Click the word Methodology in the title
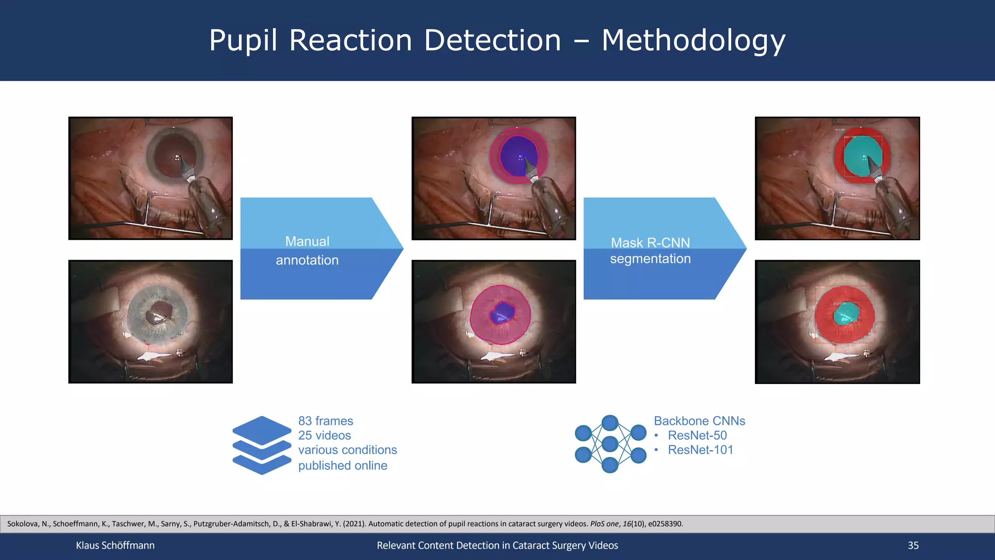[x=693, y=40]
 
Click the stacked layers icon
[x=261, y=445]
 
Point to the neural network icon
[x=610, y=444]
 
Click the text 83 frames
[x=326, y=421]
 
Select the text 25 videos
[x=325, y=436]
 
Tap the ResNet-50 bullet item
[x=697, y=436]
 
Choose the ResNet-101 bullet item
[x=700, y=450]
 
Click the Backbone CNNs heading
[x=699, y=421]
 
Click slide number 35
[x=913, y=545]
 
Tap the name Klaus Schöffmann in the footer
[x=115, y=545]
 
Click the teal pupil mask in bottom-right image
[x=845, y=315]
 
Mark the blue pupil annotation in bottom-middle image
[x=502, y=313]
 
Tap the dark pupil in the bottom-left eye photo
[x=158, y=312]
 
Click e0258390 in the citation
[x=665, y=524]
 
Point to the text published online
[x=343, y=466]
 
